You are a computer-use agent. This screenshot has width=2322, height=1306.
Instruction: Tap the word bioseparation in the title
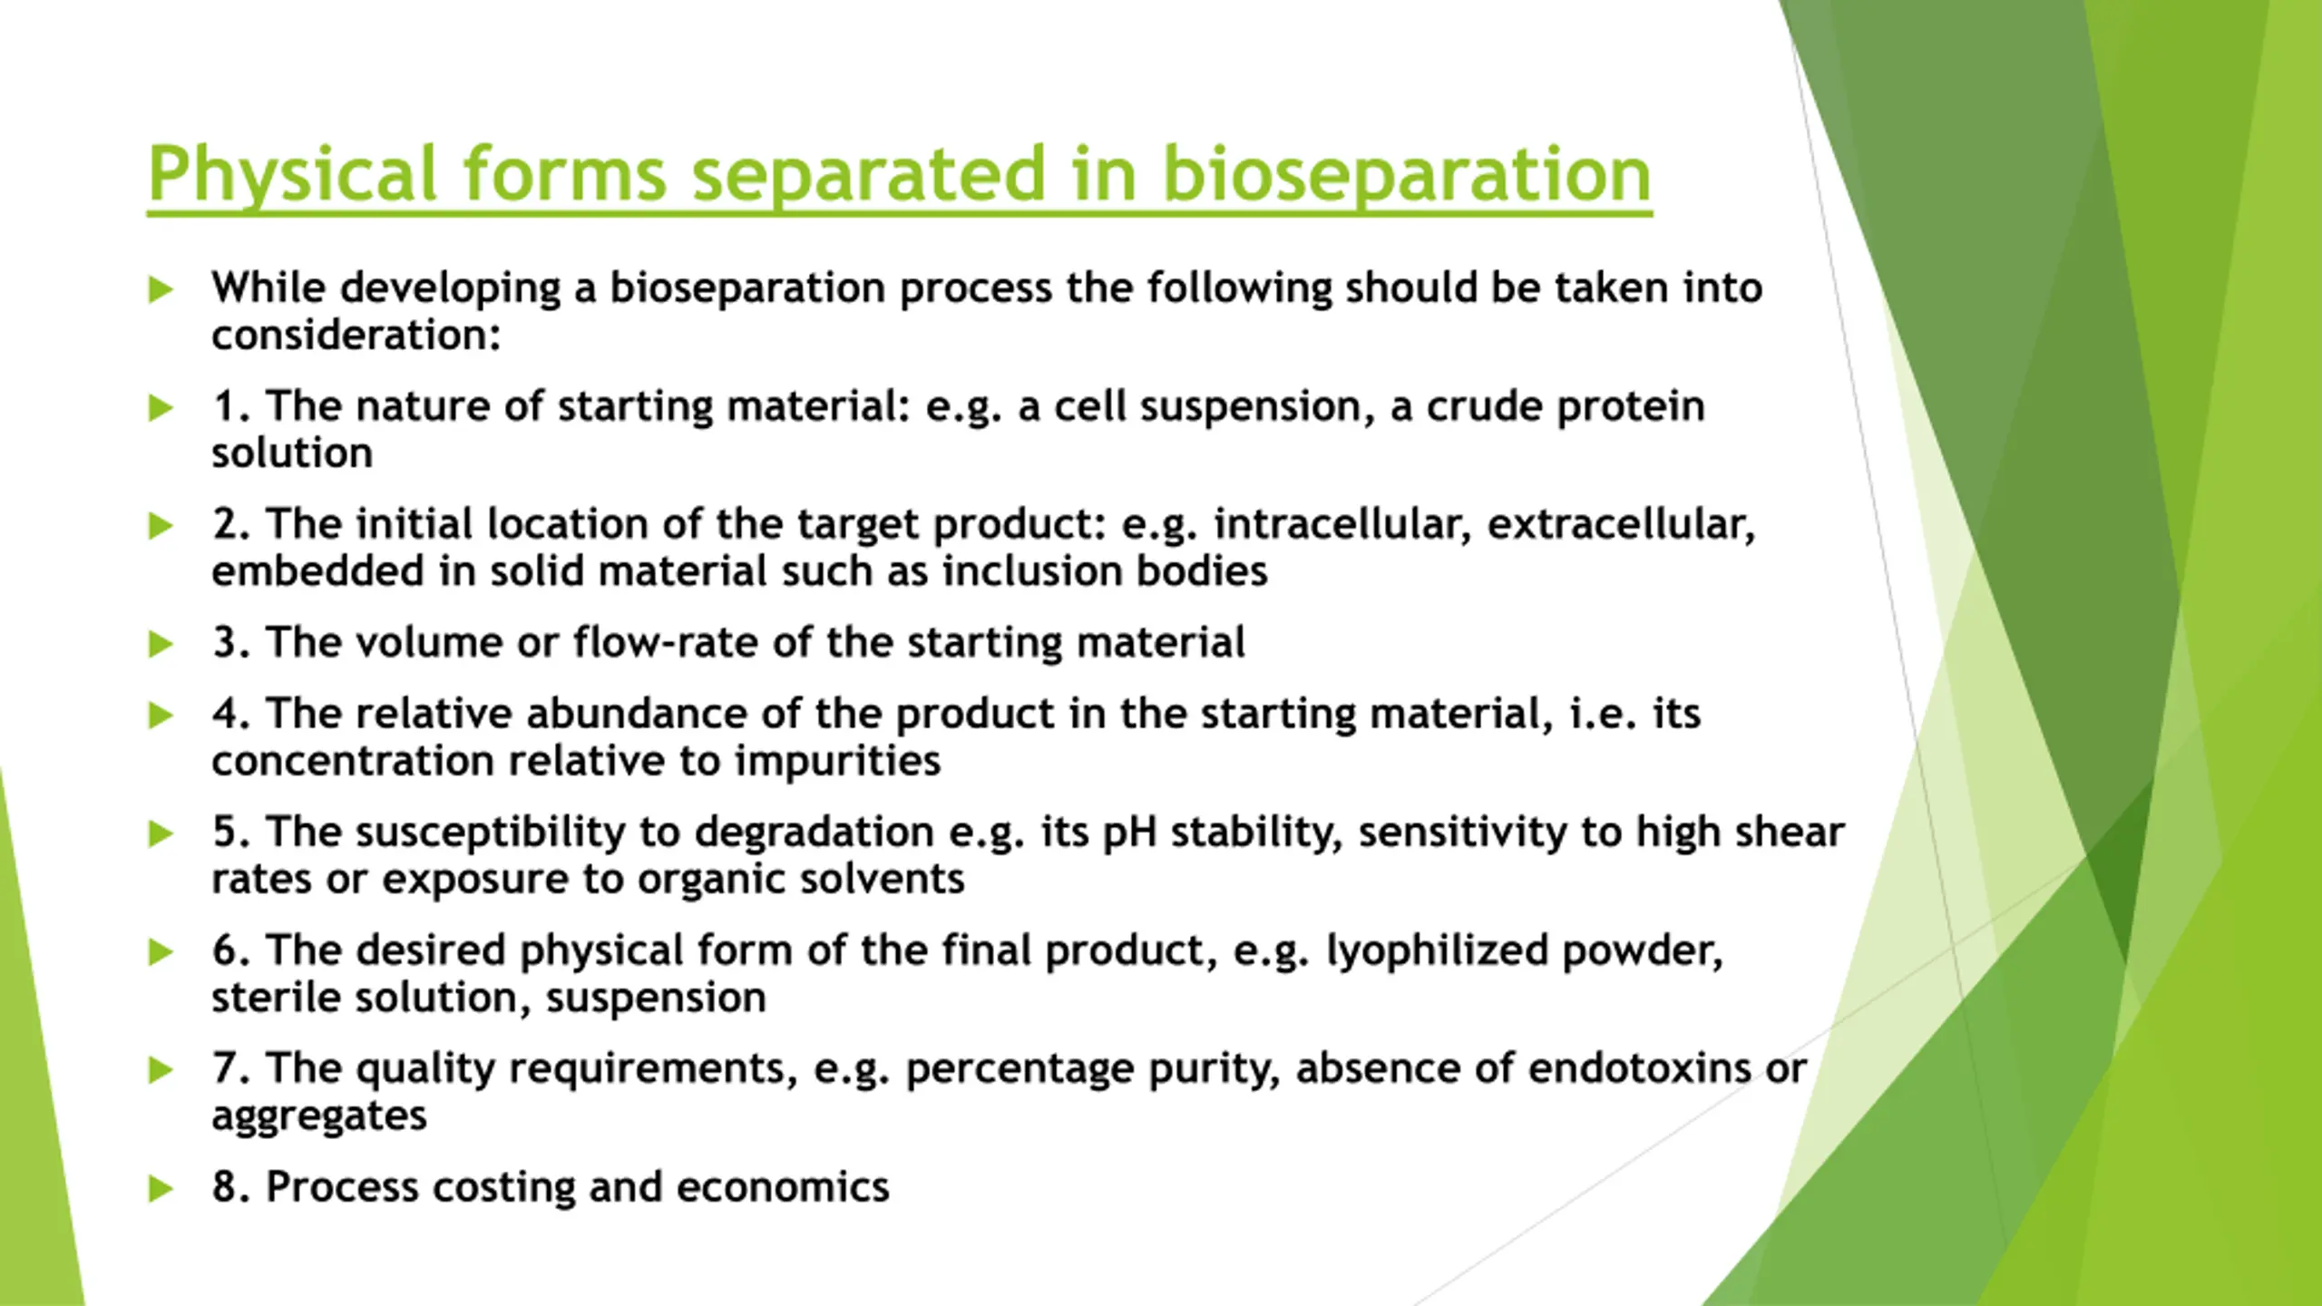coord(1407,175)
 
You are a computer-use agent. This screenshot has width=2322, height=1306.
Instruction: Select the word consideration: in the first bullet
coord(356,336)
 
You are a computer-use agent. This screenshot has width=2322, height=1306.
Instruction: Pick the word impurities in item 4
coord(837,762)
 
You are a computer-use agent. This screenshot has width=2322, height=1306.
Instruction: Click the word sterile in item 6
coord(276,998)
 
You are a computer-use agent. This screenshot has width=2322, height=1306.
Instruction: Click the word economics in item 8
coord(783,1187)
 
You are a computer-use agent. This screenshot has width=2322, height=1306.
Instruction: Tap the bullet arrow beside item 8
coord(161,1188)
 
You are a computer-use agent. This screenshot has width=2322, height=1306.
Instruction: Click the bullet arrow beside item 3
coord(161,644)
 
